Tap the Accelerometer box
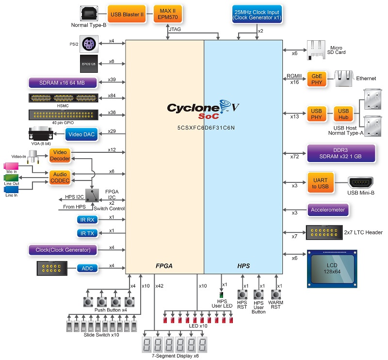coord(327,210)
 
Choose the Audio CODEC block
coord(60,177)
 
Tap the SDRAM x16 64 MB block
coord(64,82)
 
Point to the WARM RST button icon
coord(276,294)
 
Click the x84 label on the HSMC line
coord(112,96)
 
